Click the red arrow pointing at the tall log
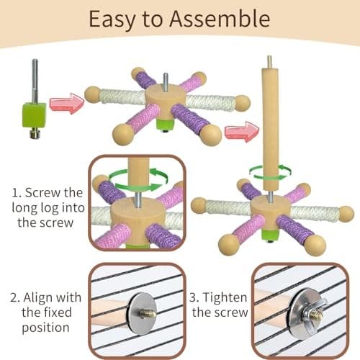(x=240, y=132)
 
